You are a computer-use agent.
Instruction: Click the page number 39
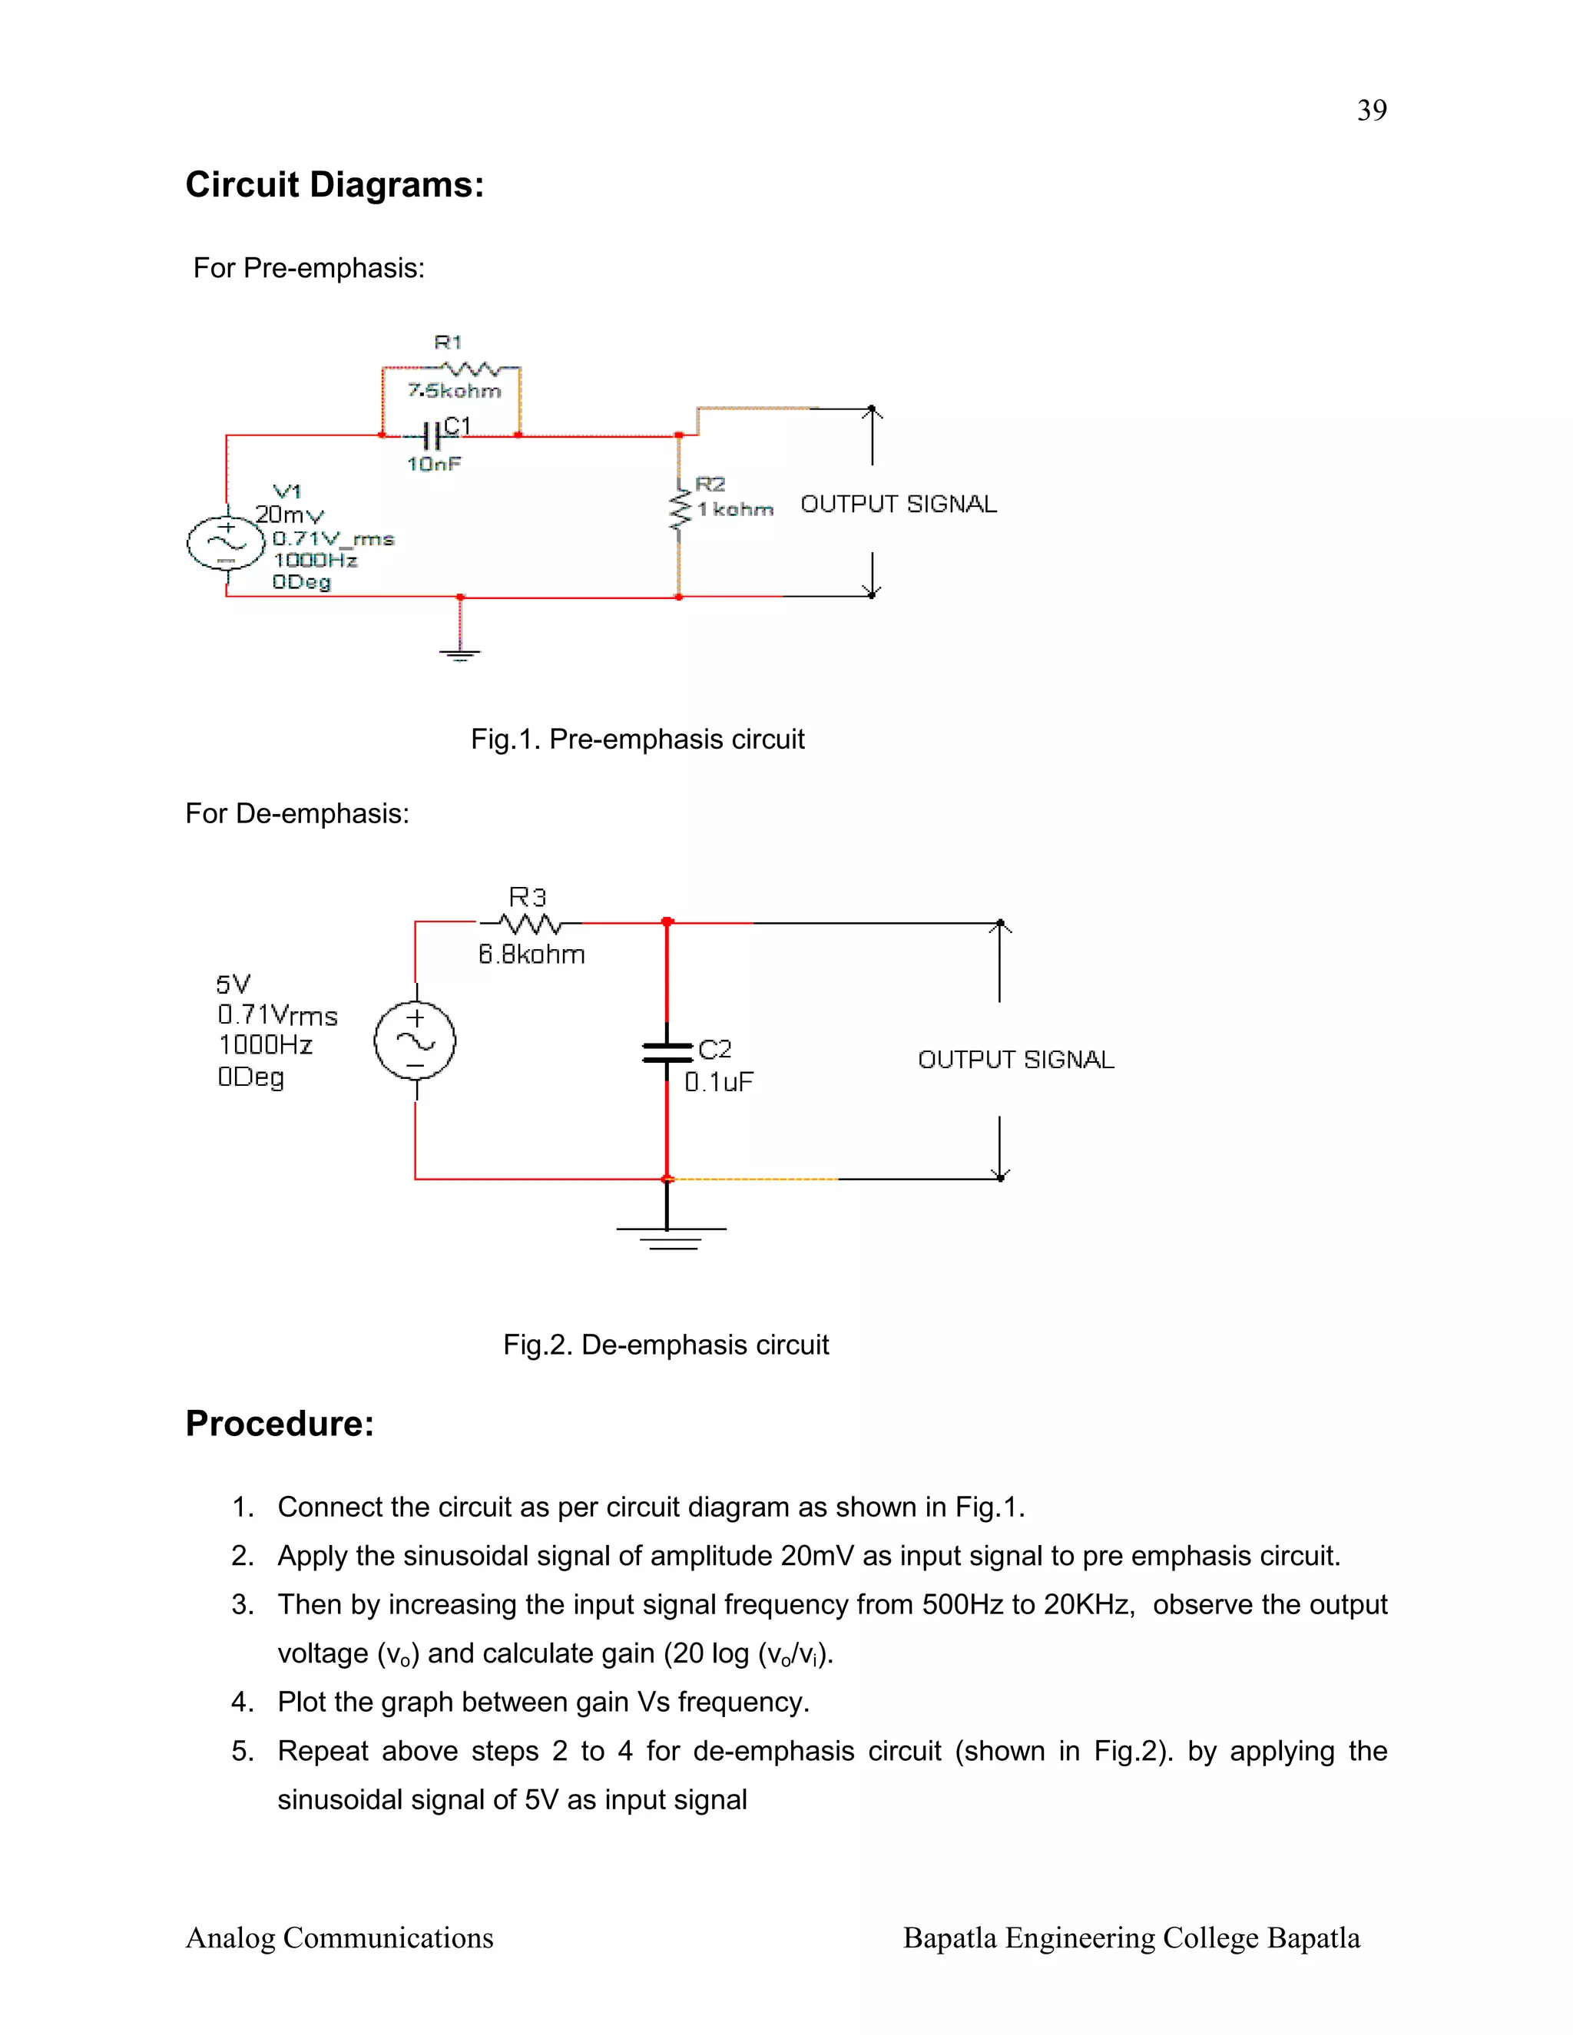pos(1371,110)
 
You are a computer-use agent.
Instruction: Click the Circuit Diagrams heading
pos(335,184)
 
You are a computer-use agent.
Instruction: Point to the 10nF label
pos(433,464)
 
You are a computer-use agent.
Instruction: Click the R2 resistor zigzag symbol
pos(679,511)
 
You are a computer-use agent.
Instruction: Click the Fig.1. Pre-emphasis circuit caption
pos(637,739)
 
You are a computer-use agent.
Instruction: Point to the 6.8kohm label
pos(532,954)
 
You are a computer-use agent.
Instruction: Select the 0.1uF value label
pos(718,1082)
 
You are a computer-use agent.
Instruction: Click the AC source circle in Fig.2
pos(415,1041)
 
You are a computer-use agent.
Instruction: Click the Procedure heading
pos(280,1424)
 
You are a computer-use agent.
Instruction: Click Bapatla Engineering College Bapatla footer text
pos(1131,1938)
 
